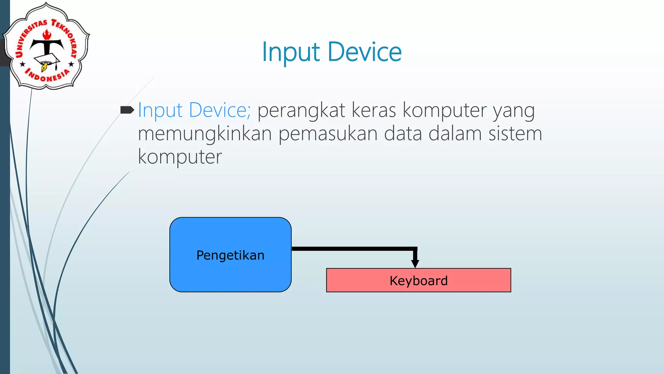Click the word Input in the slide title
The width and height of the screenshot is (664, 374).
click(x=290, y=52)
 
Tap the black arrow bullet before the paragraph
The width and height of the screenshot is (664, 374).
click(x=127, y=110)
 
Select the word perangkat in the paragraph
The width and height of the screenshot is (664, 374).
click(x=301, y=111)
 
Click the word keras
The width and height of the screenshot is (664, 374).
click(x=373, y=110)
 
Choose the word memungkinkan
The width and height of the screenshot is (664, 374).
click(x=205, y=134)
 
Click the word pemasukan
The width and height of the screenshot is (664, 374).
click(x=328, y=134)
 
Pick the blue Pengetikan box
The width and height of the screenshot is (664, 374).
click(x=230, y=255)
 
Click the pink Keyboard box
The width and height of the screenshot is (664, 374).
click(x=418, y=280)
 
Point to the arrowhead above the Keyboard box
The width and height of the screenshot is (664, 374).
click(x=415, y=263)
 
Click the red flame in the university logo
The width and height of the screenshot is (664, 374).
click(x=47, y=34)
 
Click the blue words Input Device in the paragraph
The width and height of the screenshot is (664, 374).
click(x=194, y=110)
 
